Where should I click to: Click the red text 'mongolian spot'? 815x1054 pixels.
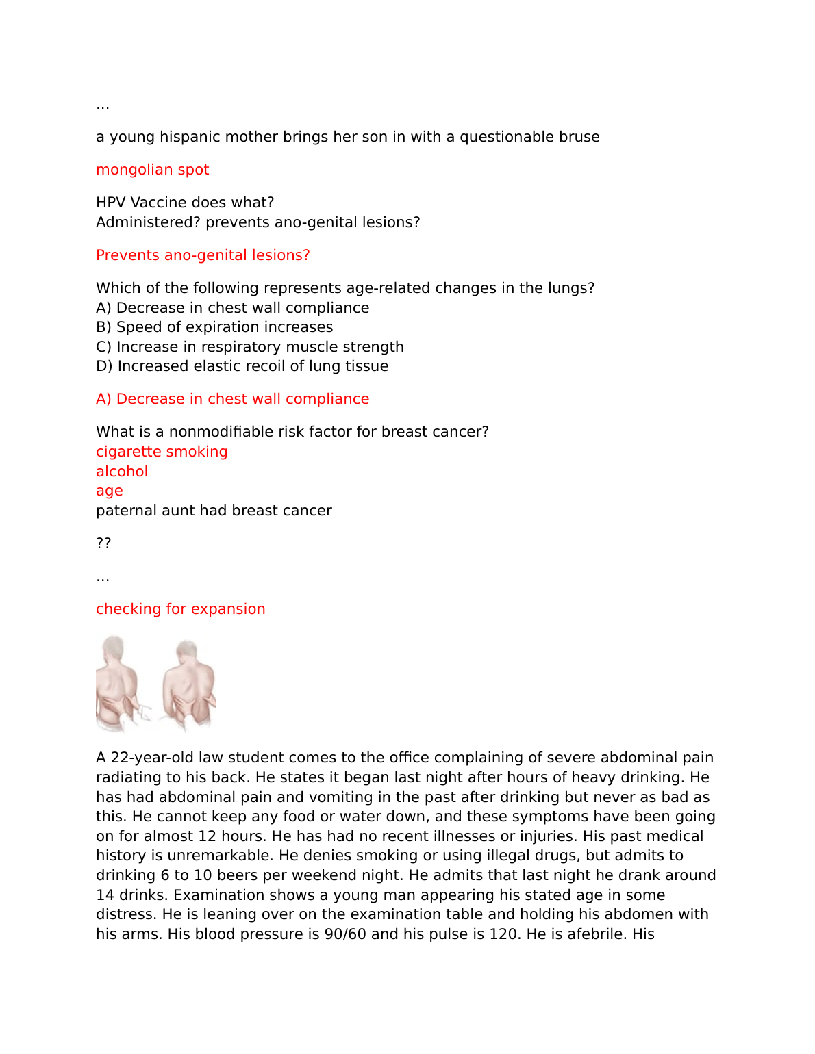coord(152,170)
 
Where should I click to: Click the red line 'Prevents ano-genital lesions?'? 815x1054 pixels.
coord(203,255)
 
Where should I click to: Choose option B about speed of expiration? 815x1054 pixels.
coord(214,327)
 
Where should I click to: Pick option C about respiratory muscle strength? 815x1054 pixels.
coord(249,347)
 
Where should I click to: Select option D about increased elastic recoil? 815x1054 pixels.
coord(242,366)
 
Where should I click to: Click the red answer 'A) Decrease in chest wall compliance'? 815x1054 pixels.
coord(232,399)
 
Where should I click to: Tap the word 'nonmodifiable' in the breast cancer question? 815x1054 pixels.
coord(226,432)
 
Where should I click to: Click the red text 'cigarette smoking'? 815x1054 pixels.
coord(162,452)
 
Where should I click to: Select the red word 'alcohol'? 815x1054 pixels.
coord(122,472)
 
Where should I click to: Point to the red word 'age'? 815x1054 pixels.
coord(110,491)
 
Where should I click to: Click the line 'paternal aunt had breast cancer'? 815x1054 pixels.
coord(214,511)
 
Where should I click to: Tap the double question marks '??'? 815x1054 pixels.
coord(103,543)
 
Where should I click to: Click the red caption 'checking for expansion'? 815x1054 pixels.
coord(180,609)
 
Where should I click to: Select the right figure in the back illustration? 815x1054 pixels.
coord(188,684)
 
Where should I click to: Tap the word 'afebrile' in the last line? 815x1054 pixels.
coord(590,934)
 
